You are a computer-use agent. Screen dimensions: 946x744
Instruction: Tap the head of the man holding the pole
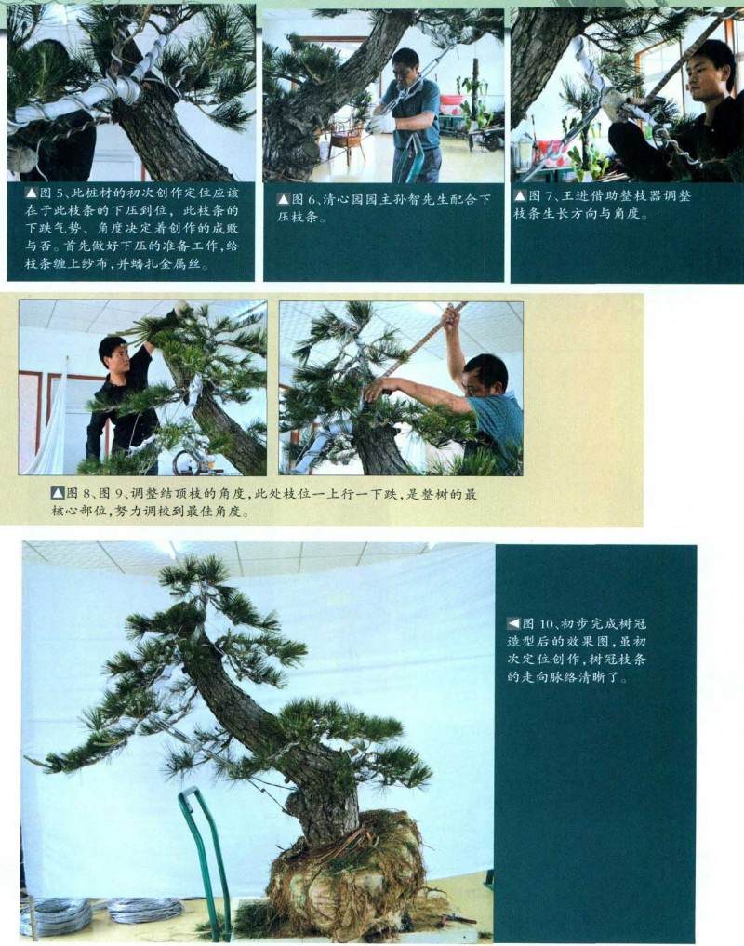[487, 372]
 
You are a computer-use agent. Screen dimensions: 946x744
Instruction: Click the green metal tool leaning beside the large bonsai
[206, 856]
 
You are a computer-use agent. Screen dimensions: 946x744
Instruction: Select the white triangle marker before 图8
[57, 494]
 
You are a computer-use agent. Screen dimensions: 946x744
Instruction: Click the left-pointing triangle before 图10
[513, 623]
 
